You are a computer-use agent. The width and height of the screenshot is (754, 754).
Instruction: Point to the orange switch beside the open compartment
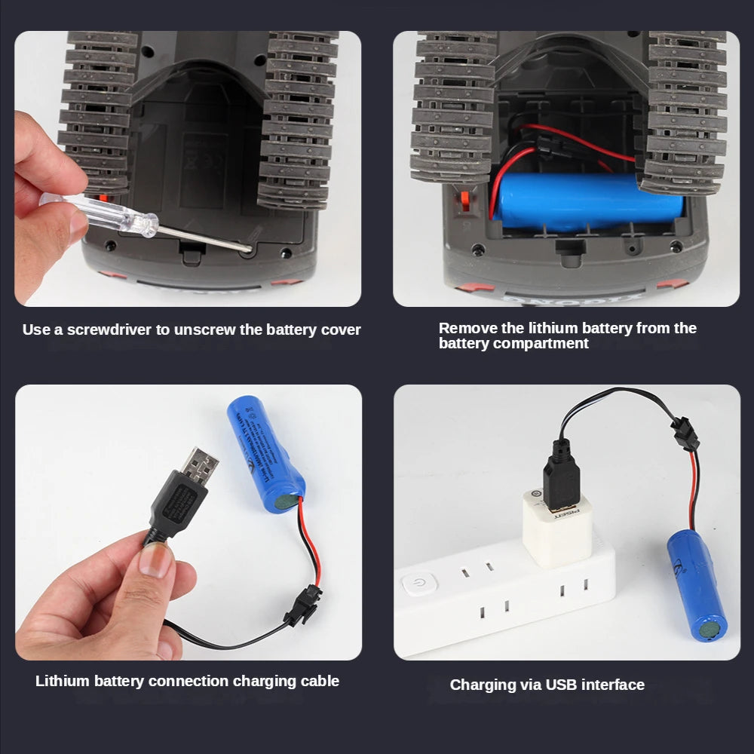465,203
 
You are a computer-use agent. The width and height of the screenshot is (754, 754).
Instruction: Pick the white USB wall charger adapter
558,527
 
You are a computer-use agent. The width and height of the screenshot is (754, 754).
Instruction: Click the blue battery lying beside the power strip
696,584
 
